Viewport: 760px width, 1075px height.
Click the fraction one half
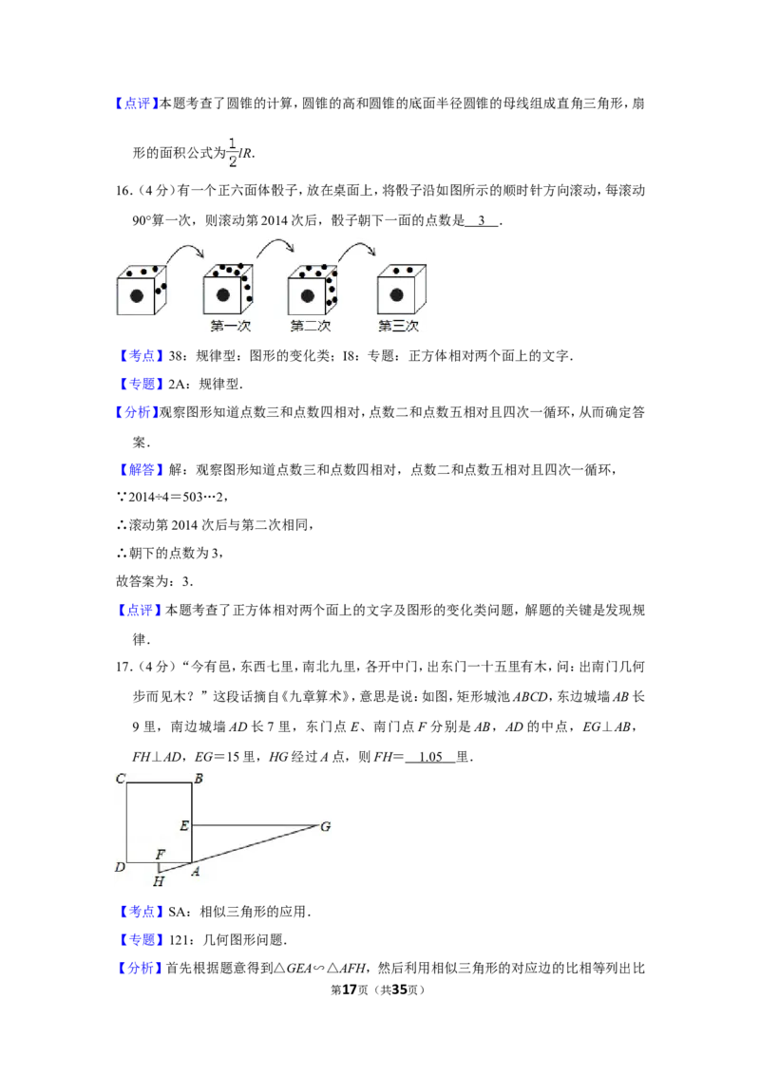coord(232,152)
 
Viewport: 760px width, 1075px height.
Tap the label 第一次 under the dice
coord(230,326)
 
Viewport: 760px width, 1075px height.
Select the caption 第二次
coord(311,326)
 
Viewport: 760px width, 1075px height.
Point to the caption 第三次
coord(398,326)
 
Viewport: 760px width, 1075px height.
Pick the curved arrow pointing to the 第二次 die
coord(275,246)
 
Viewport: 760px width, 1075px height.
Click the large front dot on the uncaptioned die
coord(137,296)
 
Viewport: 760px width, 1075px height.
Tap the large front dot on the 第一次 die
coord(223,295)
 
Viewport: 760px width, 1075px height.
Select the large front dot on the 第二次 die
coord(308,295)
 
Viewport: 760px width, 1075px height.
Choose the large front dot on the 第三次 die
coord(395,295)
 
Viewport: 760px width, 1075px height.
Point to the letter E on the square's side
coord(183,825)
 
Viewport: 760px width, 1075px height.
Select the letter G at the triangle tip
coord(325,826)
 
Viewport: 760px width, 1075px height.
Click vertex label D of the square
coord(120,867)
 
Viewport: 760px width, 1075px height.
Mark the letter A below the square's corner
coord(196,872)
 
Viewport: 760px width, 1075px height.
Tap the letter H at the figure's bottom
coord(159,881)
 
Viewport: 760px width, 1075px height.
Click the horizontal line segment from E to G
coord(255,825)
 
